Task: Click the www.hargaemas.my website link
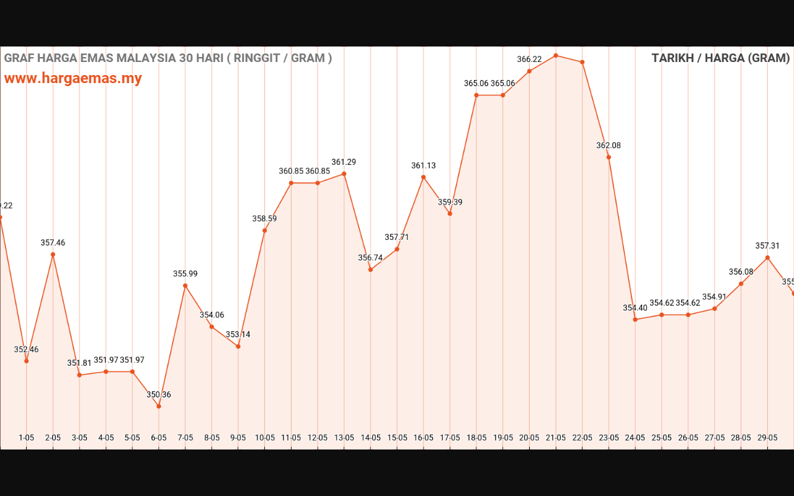tap(73, 79)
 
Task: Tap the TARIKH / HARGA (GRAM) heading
tap(720, 58)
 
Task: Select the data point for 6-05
tap(159, 406)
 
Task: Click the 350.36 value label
tap(159, 395)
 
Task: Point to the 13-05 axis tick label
tap(344, 438)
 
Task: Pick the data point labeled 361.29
tap(344, 174)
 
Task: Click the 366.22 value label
tap(529, 60)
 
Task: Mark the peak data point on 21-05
tap(556, 55)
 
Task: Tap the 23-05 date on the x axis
tap(609, 438)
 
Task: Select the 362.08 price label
tap(609, 146)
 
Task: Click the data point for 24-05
tap(635, 319)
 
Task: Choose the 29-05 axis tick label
tap(767, 438)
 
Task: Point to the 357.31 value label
tap(767, 246)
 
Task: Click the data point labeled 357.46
tap(53, 254)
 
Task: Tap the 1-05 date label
tap(26, 438)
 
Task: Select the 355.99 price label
tap(185, 274)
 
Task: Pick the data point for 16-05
tap(424, 177)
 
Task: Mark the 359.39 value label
tap(450, 203)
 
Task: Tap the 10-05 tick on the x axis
tap(265, 438)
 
